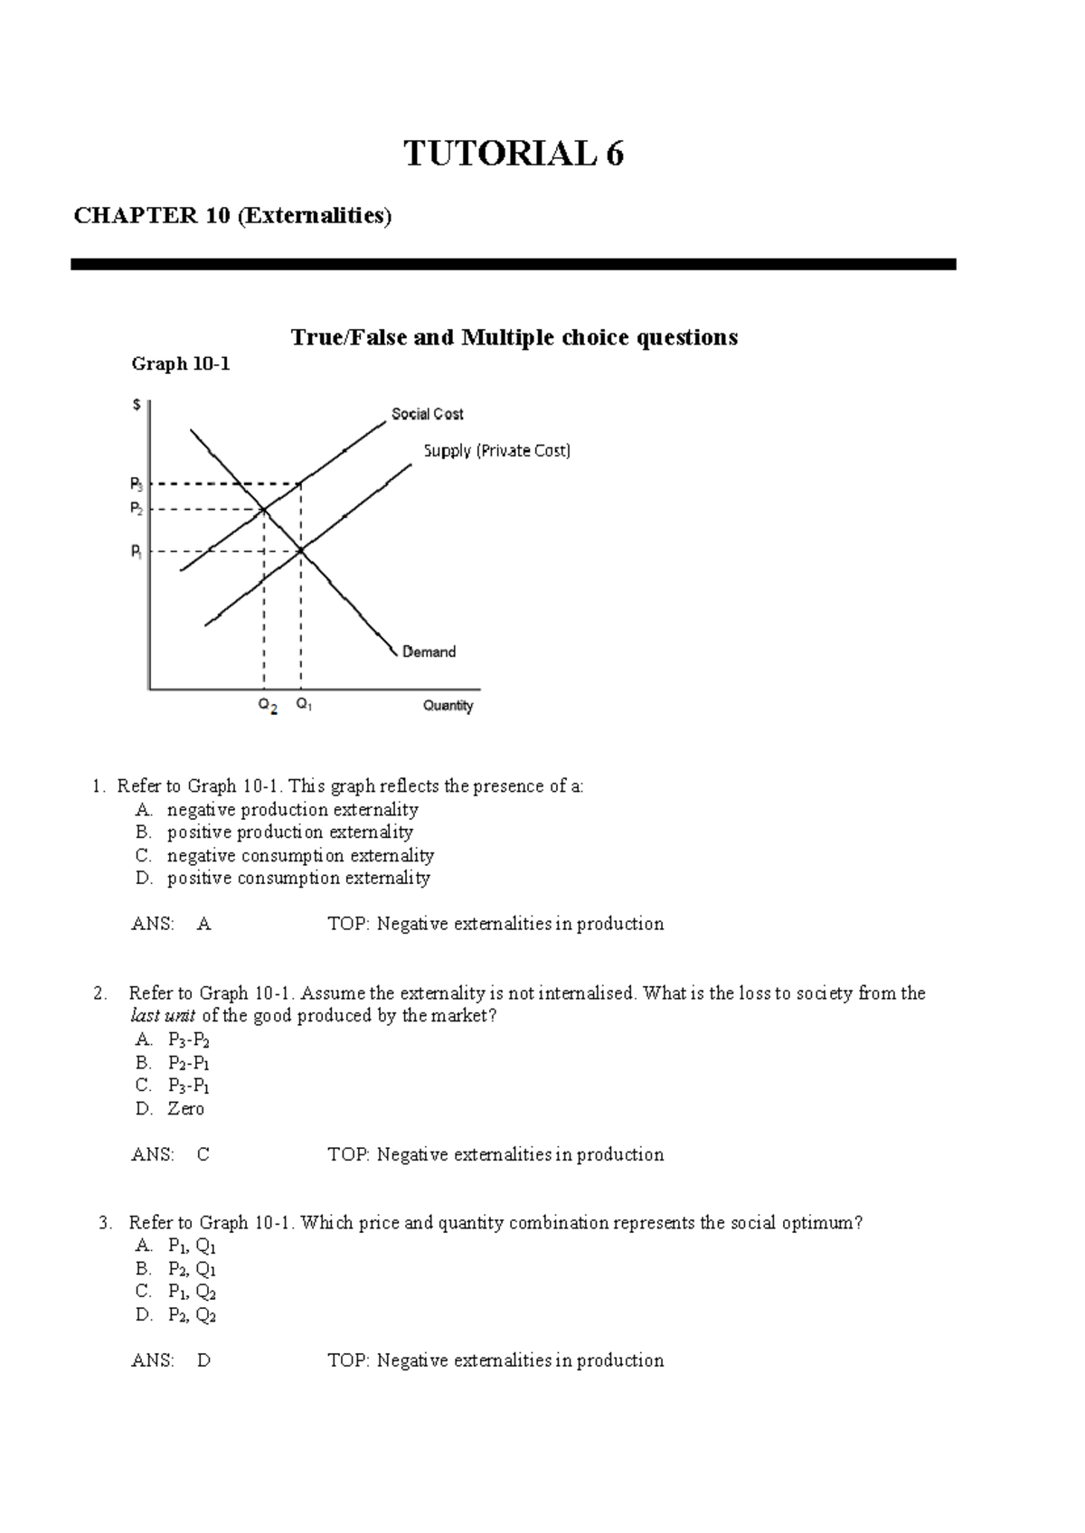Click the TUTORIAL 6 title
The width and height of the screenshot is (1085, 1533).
tap(513, 154)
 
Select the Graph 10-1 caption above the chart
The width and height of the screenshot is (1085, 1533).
tap(181, 364)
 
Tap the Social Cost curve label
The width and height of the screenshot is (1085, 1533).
tap(427, 414)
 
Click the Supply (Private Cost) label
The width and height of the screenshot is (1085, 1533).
tap(497, 450)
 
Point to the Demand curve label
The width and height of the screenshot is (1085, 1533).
tap(429, 652)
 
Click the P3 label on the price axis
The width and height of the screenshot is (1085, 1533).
tap(136, 484)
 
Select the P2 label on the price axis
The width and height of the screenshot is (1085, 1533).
tap(136, 509)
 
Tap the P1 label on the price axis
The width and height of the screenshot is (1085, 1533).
tap(136, 550)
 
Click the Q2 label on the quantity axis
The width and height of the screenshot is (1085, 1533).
tap(268, 706)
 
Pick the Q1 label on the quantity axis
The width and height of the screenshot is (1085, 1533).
tap(304, 705)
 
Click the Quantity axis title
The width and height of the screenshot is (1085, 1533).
tap(448, 706)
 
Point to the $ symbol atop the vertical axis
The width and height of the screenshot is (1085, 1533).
tap(137, 405)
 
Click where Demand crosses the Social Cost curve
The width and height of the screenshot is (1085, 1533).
tap(263, 510)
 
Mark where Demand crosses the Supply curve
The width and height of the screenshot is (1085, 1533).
tap(301, 550)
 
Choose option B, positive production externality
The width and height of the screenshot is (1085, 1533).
tap(289, 832)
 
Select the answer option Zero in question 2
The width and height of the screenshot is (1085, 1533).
tap(185, 1109)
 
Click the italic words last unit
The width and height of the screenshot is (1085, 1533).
tap(163, 1016)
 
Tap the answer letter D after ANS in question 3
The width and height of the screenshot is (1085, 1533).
tap(203, 1360)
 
